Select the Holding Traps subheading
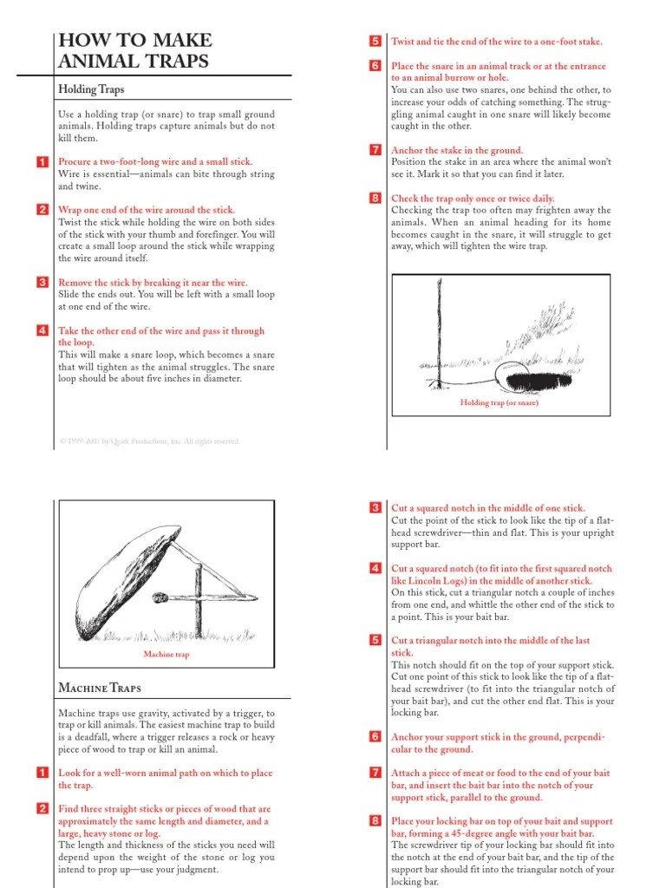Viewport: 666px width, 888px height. [91, 89]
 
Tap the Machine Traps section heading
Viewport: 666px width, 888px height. [99, 688]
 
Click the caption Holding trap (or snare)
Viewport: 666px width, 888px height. [499, 403]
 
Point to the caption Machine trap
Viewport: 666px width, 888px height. [166, 655]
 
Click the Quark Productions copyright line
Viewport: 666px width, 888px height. [149, 441]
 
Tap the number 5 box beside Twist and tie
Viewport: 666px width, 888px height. [375, 42]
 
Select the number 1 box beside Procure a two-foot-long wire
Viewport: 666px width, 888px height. [42, 162]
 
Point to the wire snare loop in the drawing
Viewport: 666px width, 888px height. [505, 374]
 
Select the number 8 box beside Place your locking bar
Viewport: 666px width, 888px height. [375, 821]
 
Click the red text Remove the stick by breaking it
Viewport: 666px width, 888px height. [153, 283]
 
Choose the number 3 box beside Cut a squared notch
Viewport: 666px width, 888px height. [375, 508]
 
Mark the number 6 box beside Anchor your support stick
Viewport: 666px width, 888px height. [375, 737]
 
